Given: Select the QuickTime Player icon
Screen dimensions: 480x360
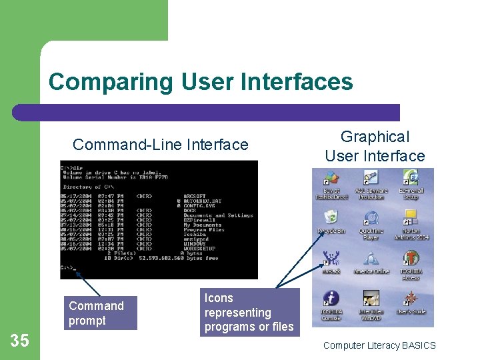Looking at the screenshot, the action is [x=371, y=220].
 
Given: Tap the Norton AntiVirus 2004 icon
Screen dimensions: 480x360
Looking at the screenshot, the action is [x=411, y=220].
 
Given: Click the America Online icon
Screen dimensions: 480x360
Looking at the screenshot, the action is [x=371, y=259].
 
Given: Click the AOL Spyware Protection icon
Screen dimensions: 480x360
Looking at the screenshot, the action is [x=371, y=179].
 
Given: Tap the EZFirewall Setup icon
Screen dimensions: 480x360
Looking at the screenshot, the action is [x=411, y=179].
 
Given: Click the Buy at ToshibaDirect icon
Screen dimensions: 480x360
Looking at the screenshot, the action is [x=331, y=179].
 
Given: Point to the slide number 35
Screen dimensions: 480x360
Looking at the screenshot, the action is [x=20, y=341].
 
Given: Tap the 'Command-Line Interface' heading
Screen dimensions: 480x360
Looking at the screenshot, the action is [x=160, y=145].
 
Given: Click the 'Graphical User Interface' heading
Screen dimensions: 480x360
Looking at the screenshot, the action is [x=375, y=146].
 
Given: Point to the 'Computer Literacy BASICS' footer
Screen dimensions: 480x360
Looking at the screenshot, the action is [x=379, y=345].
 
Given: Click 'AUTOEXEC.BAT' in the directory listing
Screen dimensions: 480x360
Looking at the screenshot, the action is [x=205, y=201].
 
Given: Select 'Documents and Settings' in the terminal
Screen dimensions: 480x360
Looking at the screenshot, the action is [x=218, y=215].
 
